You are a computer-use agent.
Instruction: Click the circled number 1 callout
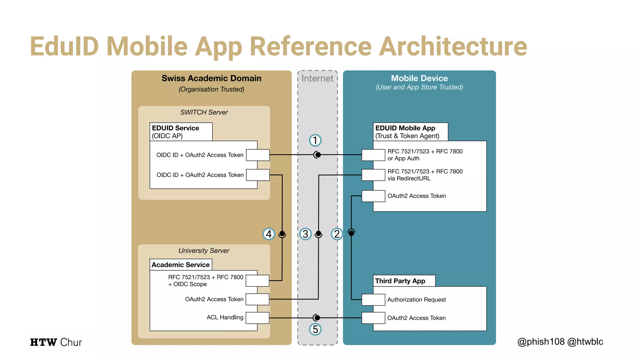tap(315, 140)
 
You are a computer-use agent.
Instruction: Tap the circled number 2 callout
tap(337, 234)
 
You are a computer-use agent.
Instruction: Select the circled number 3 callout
tap(305, 234)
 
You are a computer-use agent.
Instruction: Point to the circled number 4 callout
tap(269, 234)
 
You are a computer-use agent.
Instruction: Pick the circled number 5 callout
tap(315, 329)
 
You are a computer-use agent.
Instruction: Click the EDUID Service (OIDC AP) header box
tap(181, 132)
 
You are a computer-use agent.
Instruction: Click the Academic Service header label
tap(181, 265)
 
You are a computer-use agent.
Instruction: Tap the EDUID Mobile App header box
tap(410, 132)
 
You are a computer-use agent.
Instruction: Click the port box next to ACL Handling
tap(257, 318)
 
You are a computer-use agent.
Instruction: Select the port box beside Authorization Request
tap(373, 299)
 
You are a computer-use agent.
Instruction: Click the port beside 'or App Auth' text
tap(373, 155)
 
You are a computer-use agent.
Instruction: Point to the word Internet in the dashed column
tap(317, 78)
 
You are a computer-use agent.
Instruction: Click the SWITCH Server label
tap(204, 112)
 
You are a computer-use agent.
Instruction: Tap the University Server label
tap(204, 251)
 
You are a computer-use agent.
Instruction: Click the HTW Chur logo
tap(56, 342)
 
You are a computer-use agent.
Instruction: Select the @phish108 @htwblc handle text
tap(560, 342)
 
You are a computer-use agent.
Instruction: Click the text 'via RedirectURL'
tap(409, 178)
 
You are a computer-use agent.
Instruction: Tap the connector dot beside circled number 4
tap(282, 233)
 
